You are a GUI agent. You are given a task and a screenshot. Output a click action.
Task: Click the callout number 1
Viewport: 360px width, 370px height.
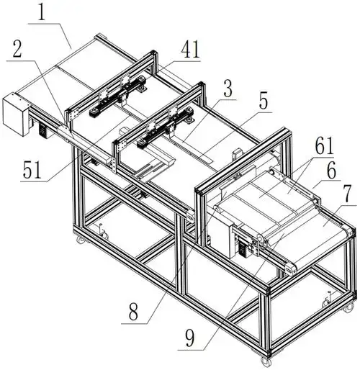42,12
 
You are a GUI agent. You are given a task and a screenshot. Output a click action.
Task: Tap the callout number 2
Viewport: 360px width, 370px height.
17,49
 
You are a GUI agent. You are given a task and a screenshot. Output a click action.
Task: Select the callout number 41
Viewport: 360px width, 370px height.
190,50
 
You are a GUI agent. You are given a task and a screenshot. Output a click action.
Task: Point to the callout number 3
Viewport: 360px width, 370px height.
228,89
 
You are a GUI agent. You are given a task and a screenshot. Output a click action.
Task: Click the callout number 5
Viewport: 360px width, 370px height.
264,101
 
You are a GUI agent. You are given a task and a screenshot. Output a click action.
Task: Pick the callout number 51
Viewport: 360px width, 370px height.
32,170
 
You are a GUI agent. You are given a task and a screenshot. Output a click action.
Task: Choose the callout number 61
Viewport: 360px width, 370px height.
324,145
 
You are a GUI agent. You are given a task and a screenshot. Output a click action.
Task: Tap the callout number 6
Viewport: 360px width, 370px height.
332,170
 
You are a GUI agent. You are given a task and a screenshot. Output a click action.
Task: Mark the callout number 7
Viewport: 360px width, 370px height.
350,194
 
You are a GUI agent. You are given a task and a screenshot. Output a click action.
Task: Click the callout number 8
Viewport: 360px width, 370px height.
133,312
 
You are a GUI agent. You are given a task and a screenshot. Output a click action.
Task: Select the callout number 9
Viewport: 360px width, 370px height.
190,338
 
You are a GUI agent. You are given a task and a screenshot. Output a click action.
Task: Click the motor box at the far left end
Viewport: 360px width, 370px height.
16,113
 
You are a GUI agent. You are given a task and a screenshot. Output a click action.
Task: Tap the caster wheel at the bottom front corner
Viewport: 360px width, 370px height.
264,361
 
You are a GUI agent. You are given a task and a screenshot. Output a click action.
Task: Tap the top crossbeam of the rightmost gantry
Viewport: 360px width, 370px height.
243,160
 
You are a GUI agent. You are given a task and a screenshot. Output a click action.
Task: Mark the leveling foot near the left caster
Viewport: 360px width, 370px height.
102,230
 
